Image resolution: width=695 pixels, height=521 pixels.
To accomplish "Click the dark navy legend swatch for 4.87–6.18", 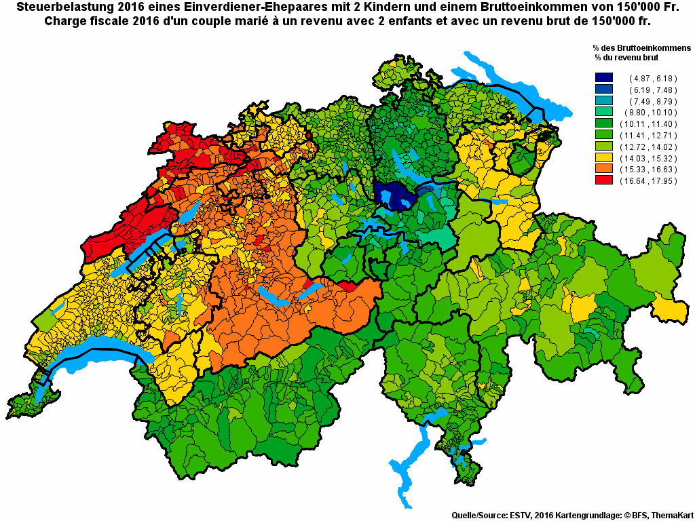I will pos(603,79).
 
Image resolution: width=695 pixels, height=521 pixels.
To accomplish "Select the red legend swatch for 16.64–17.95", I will pos(603,180).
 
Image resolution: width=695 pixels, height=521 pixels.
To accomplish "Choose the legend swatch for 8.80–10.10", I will pos(603,113).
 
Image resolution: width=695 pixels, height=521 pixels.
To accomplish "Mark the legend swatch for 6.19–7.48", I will pos(603,90).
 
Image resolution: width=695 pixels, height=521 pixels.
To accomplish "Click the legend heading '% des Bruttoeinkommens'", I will pos(641,48).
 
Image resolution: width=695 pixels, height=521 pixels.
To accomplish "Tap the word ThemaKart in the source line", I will pos(670,516).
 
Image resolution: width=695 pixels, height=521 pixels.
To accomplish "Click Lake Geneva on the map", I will pos(102,357).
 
